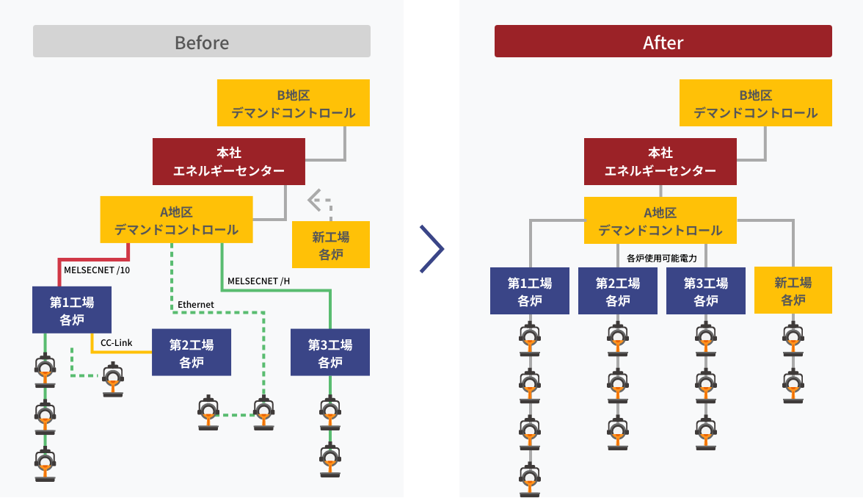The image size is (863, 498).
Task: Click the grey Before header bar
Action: [x=202, y=41]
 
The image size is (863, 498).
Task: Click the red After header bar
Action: [x=663, y=41]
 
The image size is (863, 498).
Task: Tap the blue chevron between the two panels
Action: [x=432, y=249]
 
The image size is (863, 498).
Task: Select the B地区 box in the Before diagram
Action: [x=294, y=104]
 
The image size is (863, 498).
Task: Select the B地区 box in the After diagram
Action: [x=755, y=104]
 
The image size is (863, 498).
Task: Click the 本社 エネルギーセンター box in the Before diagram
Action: [x=228, y=162]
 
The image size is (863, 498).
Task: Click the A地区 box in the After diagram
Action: [x=660, y=221]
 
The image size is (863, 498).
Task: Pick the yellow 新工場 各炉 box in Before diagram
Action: [x=330, y=245]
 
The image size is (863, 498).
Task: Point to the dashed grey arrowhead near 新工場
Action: [x=314, y=198]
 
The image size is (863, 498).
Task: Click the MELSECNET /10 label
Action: [x=96, y=270]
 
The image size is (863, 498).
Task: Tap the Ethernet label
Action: [x=196, y=304]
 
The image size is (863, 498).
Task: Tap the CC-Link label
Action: [x=116, y=342]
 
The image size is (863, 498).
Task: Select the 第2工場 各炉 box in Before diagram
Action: [x=191, y=353]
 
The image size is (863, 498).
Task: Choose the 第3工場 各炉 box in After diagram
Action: [x=705, y=291]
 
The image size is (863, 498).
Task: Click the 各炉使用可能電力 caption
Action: [x=662, y=258]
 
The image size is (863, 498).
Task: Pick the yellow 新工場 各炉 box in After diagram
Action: [x=793, y=291]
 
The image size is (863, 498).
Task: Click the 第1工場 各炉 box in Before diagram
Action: [x=71, y=310]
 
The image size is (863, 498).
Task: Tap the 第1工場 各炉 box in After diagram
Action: [x=529, y=291]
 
